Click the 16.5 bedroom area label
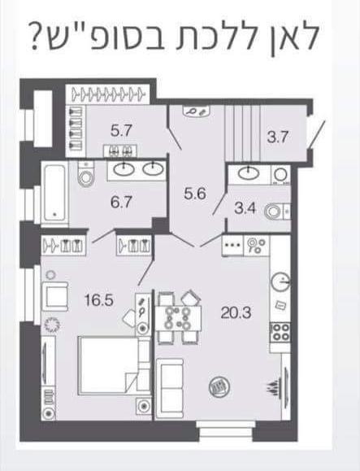click(98, 300)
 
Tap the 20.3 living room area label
click(236, 313)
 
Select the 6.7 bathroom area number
click(121, 202)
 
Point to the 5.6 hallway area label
click(195, 194)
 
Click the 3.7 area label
click(277, 137)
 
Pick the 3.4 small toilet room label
click(245, 208)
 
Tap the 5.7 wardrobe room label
click(121, 131)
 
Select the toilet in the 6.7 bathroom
click(86, 174)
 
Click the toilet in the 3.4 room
click(277, 212)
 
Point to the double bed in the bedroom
click(114, 365)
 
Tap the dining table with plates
click(178, 318)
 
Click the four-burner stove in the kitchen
click(280, 333)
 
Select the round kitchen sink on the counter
click(281, 282)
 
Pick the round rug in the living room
click(219, 386)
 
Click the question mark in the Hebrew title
click(37, 38)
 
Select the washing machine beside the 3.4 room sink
click(281, 175)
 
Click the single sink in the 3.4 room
click(249, 173)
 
